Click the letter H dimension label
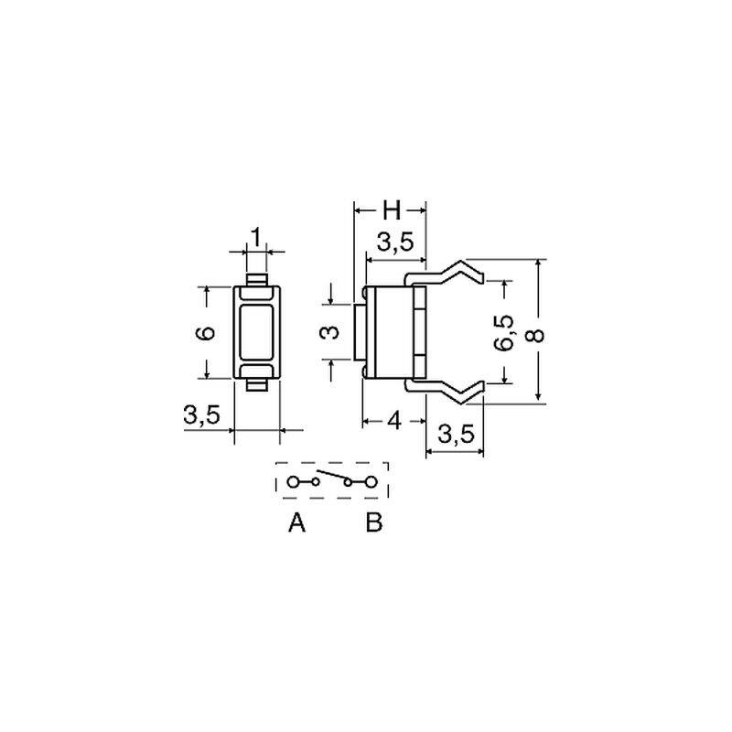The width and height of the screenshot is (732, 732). [392, 210]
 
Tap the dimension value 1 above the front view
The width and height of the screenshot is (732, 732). [256, 238]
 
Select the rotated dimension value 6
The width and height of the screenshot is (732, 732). [205, 333]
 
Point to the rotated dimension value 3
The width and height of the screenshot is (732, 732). [331, 332]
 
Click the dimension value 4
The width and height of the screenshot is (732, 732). [394, 422]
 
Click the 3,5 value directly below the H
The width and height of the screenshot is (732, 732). [395, 242]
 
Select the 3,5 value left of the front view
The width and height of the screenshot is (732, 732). [201, 414]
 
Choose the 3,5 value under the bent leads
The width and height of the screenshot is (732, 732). [456, 435]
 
